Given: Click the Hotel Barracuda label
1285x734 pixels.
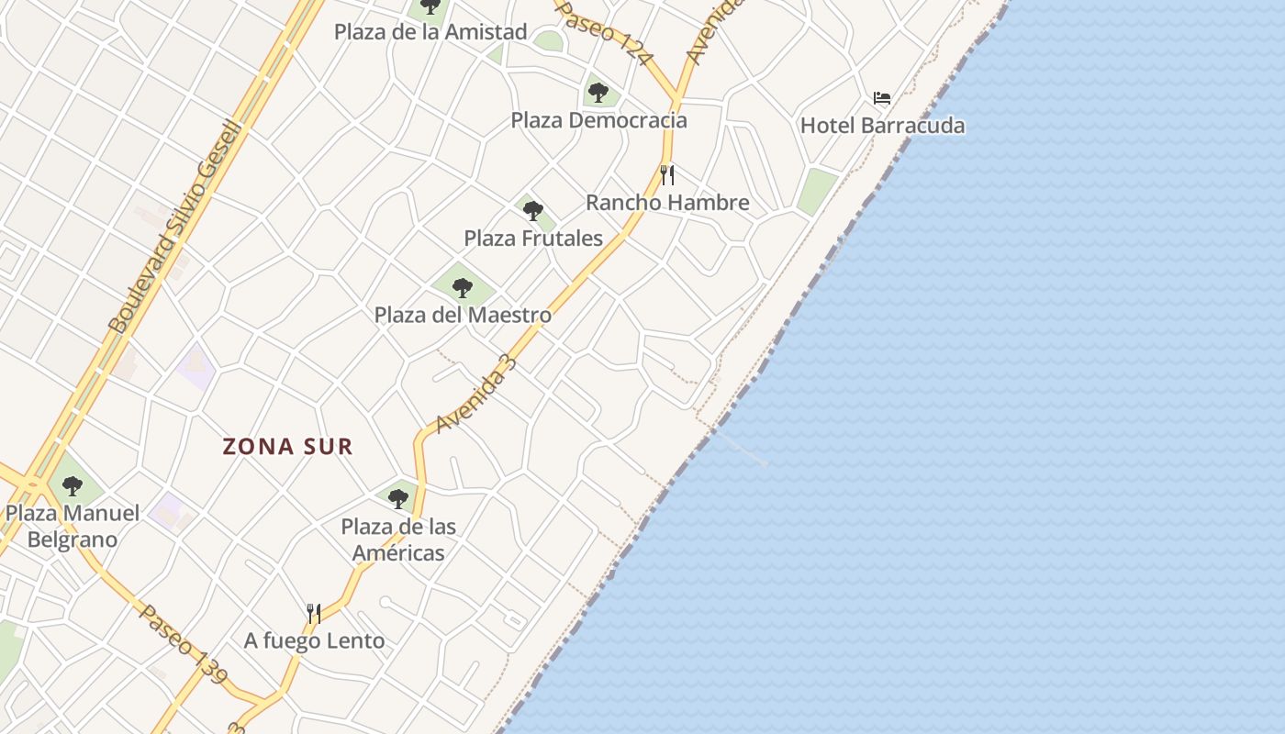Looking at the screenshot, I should pos(882,126).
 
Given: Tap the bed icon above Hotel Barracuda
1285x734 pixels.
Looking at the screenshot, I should pos(882,97).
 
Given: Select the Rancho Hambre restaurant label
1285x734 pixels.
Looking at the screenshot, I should pos(667,203).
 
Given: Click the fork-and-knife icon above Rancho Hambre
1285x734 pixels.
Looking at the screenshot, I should pos(667,174).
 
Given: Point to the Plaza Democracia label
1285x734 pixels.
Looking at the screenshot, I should pos(598,120).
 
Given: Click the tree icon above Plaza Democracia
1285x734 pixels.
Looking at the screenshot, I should pos(598,92).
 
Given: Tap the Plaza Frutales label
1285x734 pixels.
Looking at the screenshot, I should pos(533,239).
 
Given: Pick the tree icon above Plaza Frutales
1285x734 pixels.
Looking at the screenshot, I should pos(533,211).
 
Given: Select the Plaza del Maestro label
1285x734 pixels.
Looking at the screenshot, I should pos(463,315).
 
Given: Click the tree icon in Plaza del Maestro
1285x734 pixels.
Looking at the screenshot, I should pos(463,287).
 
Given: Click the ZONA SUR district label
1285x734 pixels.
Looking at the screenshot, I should pos(288,447).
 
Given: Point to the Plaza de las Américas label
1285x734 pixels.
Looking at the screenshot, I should pos(398,539).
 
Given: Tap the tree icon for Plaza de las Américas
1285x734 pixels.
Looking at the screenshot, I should pos(398,498).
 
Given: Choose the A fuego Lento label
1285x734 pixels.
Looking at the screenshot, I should pos(314,640).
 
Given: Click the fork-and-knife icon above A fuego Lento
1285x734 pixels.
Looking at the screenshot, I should pos(314,613).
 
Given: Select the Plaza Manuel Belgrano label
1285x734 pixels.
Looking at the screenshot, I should pos(73,526).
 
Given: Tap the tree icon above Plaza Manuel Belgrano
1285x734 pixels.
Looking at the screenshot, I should pos(73,485).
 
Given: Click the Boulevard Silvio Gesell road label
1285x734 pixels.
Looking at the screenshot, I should pos(176,227).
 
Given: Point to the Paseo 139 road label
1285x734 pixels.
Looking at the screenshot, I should pos(183,643).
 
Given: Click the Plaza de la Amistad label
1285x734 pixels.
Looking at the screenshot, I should pos(430,32).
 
